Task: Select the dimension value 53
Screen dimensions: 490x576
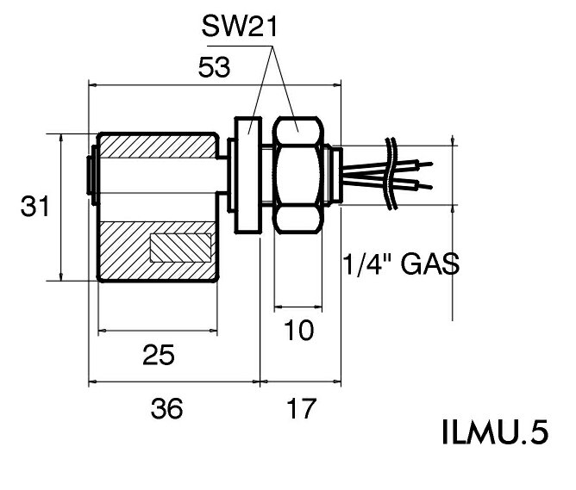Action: click(215, 68)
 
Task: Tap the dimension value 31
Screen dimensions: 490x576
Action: click(34, 207)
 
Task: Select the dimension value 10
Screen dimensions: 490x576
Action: click(297, 330)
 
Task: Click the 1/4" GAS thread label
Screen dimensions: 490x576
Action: click(399, 263)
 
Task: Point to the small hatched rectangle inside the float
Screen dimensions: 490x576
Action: click(180, 248)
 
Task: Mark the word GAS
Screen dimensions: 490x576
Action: click(428, 263)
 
